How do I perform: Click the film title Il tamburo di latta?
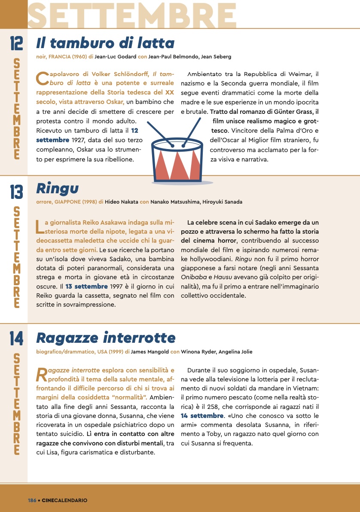[x=105, y=43]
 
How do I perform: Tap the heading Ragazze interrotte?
[x=106, y=338]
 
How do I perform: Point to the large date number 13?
[x=16, y=192]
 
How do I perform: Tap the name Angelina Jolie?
[x=235, y=352]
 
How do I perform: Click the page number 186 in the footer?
[x=32, y=500]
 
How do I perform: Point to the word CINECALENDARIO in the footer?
[x=65, y=500]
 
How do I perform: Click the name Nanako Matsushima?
[x=174, y=202]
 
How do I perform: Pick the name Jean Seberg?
[x=216, y=57]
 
